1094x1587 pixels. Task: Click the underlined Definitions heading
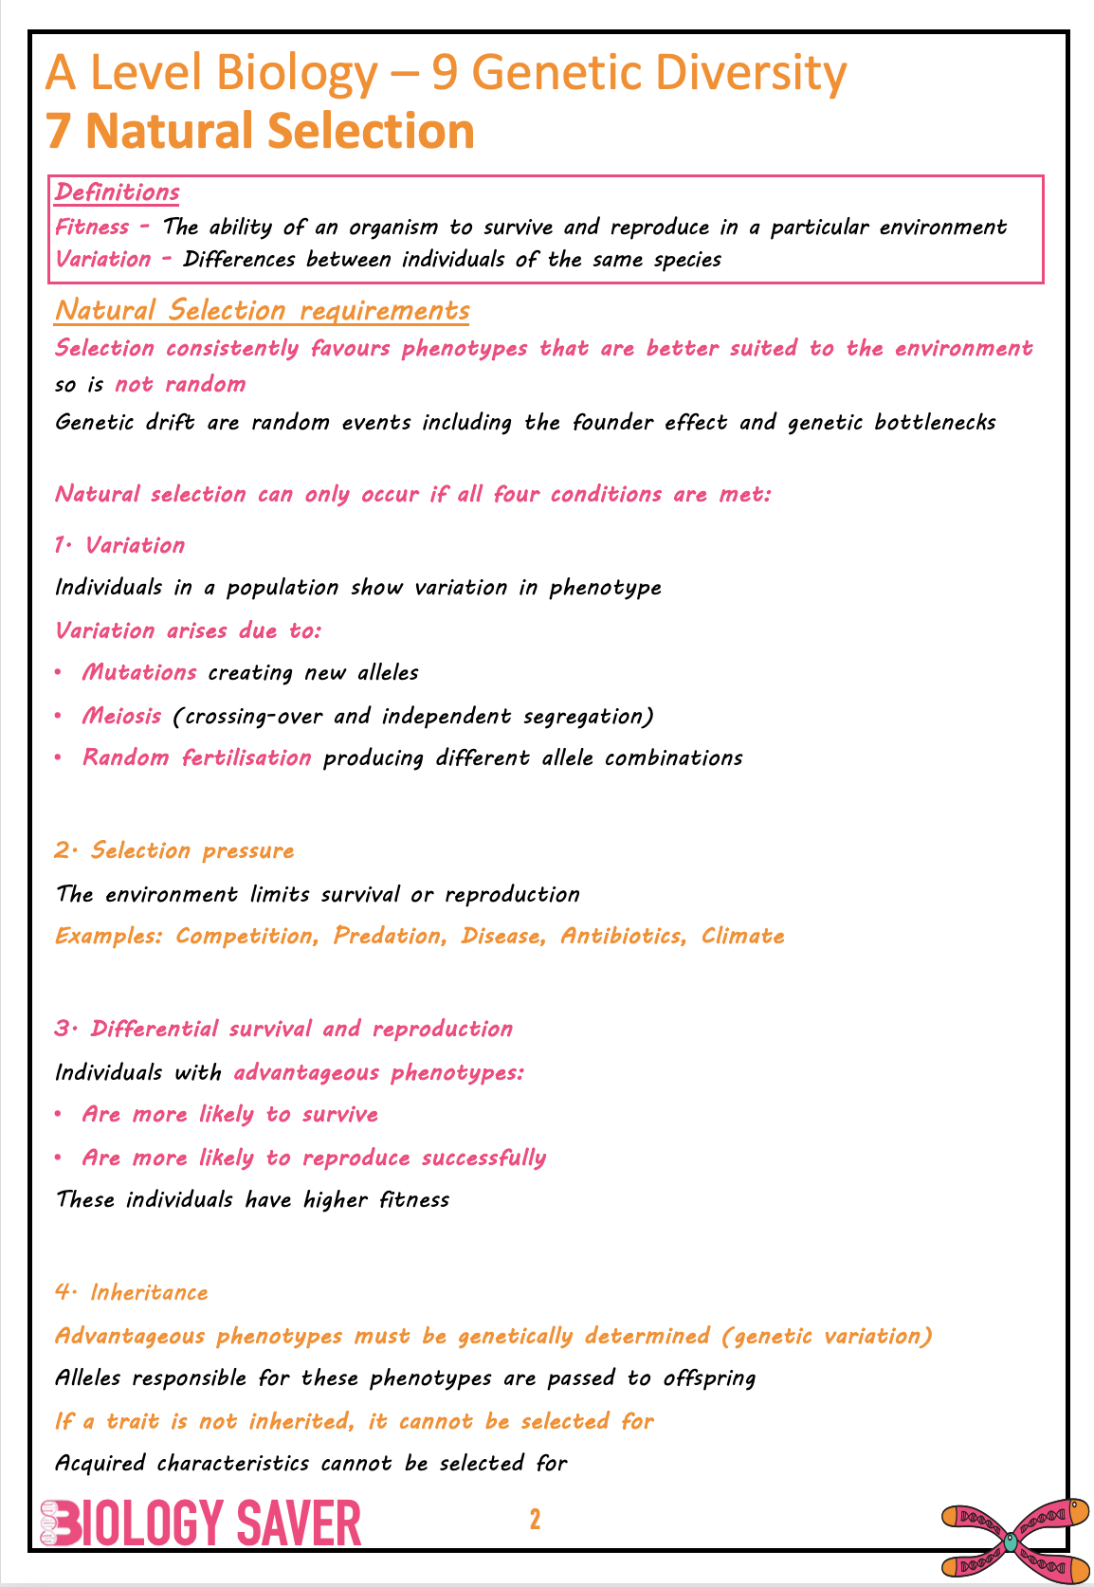(117, 192)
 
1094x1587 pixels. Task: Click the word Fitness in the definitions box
(92, 228)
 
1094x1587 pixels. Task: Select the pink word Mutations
(139, 673)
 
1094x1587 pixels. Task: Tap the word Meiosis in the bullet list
(121, 716)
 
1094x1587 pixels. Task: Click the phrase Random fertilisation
(196, 758)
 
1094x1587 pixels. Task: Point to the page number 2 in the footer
(535, 1520)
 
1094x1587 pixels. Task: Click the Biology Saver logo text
(201, 1523)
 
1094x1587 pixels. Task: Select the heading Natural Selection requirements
(262, 311)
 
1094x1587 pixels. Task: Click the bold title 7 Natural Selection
(261, 131)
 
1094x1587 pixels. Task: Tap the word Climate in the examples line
(743, 937)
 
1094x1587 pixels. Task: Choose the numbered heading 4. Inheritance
(131, 1293)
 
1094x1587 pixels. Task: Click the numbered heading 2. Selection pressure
(174, 851)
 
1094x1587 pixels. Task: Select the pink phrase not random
(180, 385)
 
